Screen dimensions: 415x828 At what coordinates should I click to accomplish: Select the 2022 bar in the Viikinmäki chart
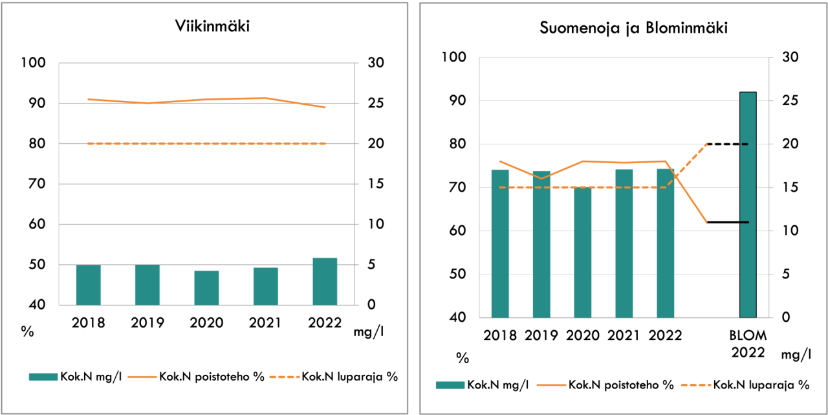[325, 282]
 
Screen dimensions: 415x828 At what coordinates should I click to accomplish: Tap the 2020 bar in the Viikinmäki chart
[206, 288]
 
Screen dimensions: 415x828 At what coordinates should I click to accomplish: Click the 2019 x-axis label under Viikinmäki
[147, 323]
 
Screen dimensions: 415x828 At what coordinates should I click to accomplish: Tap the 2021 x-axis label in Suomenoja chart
[624, 336]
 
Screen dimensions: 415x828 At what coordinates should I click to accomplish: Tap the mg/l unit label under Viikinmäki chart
[367, 332]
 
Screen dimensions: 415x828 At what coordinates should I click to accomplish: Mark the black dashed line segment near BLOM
[728, 144]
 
